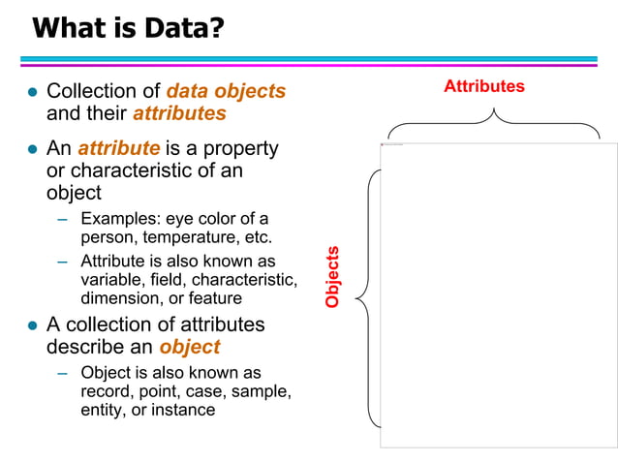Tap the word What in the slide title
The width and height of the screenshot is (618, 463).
[x=69, y=28]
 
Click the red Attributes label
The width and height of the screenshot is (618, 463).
[x=483, y=86]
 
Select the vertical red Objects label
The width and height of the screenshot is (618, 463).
[x=333, y=277]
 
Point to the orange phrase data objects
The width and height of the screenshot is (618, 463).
[x=226, y=91]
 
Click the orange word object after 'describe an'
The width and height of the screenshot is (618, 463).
[x=190, y=347]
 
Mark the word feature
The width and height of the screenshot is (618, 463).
[x=215, y=298]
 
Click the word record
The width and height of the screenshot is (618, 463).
[x=104, y=391]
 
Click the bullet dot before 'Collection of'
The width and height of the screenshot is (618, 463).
[x=31, y=93]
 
